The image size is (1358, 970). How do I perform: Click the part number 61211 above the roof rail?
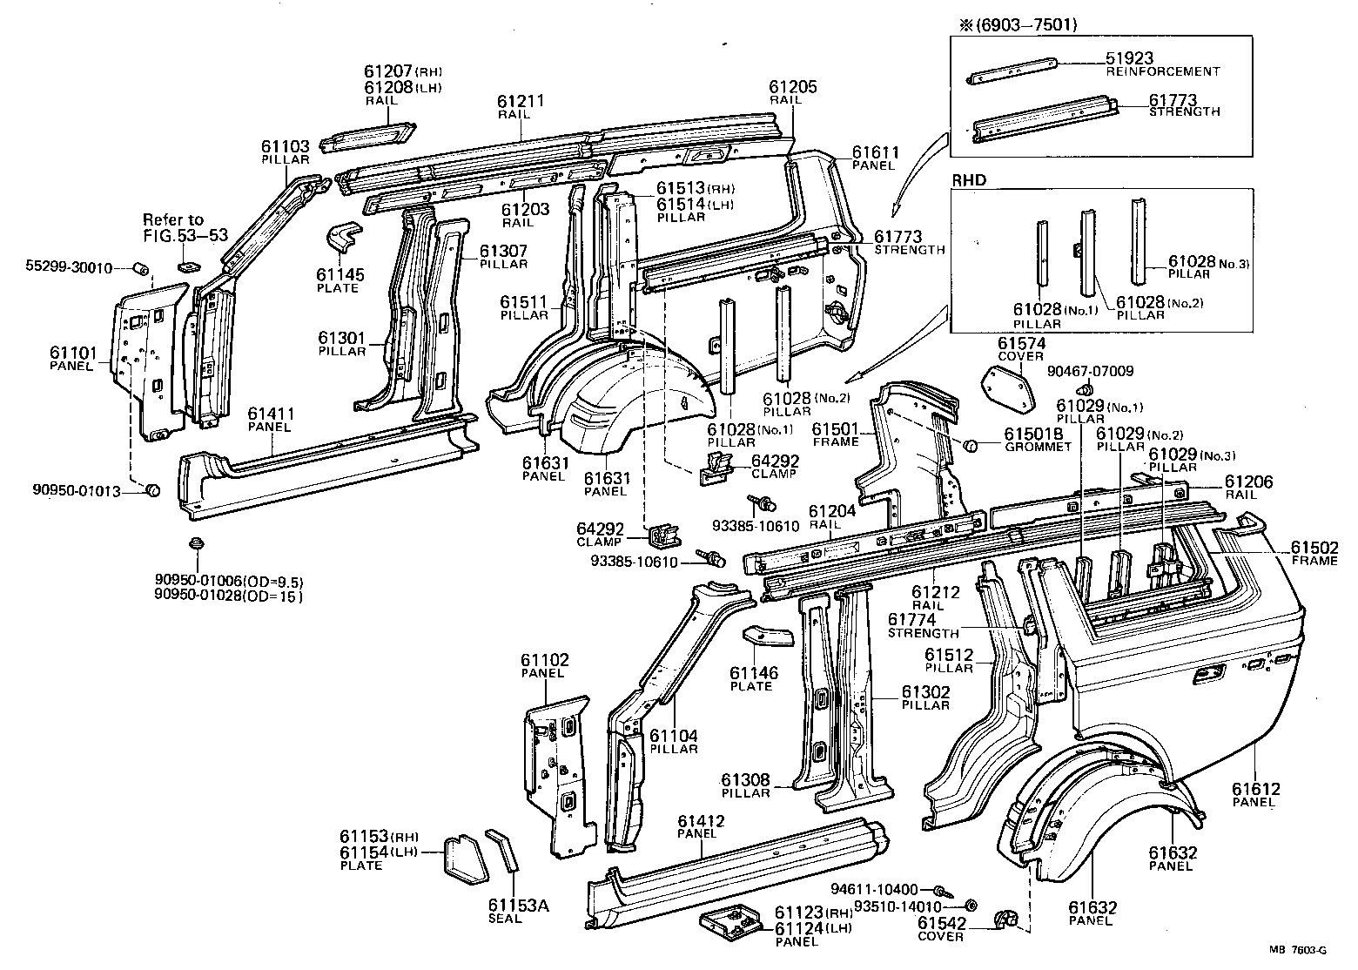coord(521,101)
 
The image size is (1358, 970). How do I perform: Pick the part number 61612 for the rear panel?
coord(1255,789)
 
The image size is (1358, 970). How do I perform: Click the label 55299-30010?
coord(68,267)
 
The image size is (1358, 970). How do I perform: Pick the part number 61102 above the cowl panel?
coord(545,660)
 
